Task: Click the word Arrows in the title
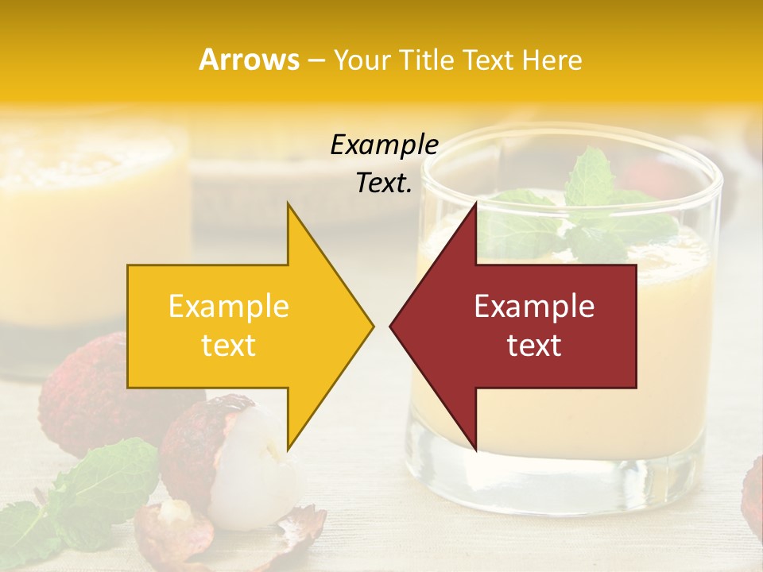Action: pos(249,60)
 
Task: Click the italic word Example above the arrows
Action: pos(384,145)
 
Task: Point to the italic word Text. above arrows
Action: pos(384,184)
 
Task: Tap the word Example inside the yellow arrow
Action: pos(228,307)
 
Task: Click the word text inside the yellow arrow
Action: pos(228,346)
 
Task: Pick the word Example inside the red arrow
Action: pos(534,307)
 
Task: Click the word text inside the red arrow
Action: pos(534,346)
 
